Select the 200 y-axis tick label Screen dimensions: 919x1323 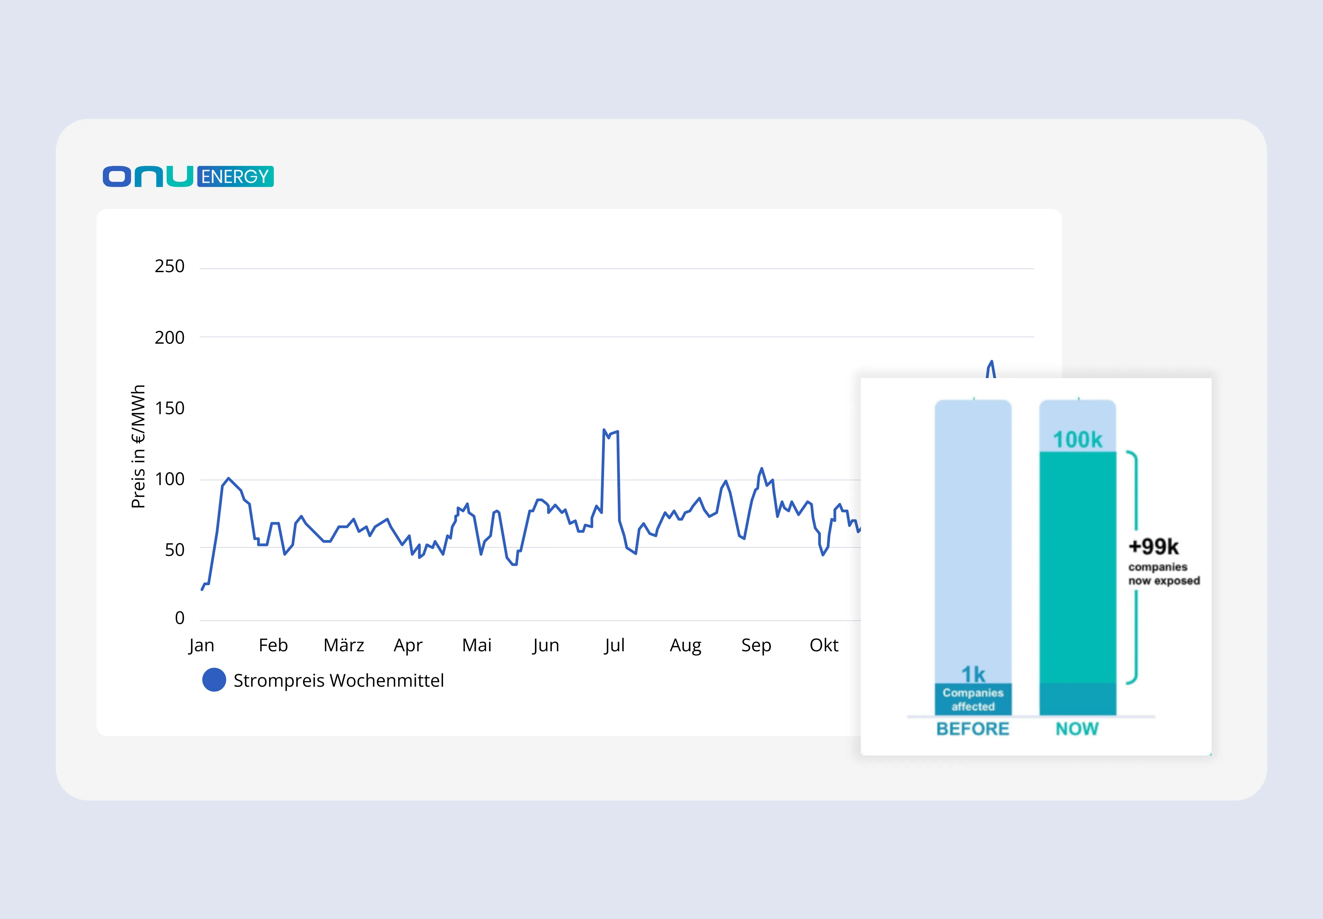[x=169, y=338]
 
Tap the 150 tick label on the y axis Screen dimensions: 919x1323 [x=169, y=408]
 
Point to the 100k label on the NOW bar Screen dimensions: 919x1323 [x=1077, y=440]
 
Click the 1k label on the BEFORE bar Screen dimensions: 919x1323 [x=973, y=674]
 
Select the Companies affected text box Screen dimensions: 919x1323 [x=973, y=699]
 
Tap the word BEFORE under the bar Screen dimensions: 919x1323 [x=973, y=729]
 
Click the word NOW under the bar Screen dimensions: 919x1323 [x=1077, y=729]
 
